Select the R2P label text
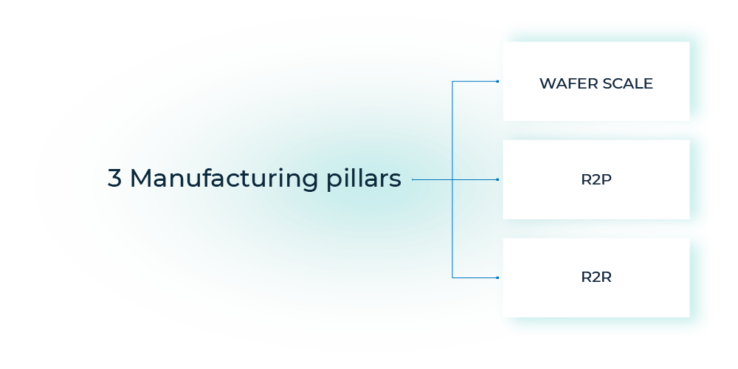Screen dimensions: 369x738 (x=596, y=180)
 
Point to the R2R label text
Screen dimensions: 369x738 (x=596, y=278)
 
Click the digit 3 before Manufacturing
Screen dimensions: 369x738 (x=114, y=179)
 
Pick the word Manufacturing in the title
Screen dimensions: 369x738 (x=221, y=179)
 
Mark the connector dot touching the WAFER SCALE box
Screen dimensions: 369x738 (x=499, y=81)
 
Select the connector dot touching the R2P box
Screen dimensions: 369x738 (x=499, y=179)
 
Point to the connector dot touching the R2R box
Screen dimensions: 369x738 (x=499, y=277)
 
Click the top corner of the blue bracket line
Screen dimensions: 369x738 (x=452, y=81)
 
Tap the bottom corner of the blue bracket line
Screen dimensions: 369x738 (x=452, y=277)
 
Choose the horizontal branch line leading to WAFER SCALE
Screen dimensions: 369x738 (x=476, y=81)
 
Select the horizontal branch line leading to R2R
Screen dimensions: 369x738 (x=476, y=277)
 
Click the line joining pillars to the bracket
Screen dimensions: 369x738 (x=432, y=179)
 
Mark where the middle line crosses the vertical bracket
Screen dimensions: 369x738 (x=452, y=179)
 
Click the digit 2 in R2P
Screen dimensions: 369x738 (x=596, y=180)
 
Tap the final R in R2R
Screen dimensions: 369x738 (x=607, y=278)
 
